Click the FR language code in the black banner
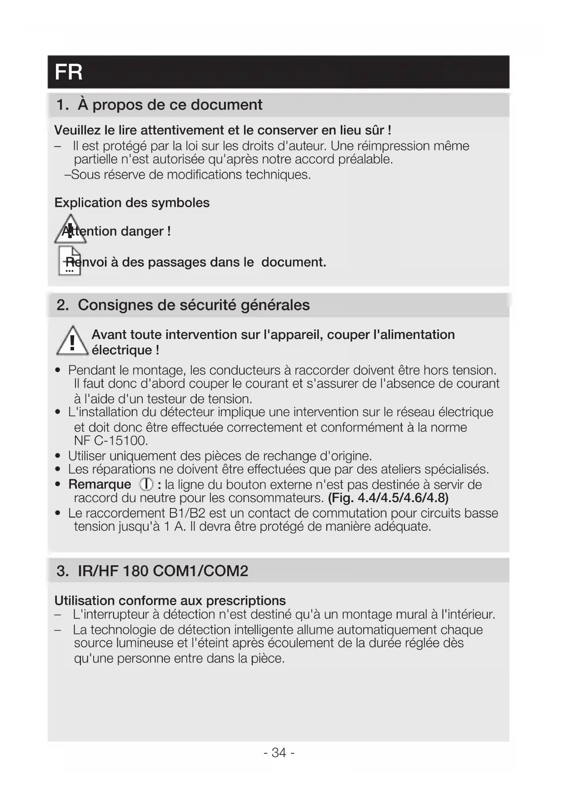pyautogui.click(x=69, y=72)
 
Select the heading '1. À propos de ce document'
pyautogui.click(x=159, y=105)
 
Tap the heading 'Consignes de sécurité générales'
pyautogui.click(x=194, y=305)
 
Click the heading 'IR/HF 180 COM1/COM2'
pyautogui.click(x=163, y=571)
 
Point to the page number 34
pyautogui.click(x=279, y=752)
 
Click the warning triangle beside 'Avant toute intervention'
pyautogui.click(x=72, y=342)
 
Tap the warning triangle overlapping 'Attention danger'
pyautogui.click(x=70, y=229)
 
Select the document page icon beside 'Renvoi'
pyautogui.click(x=70, y=261)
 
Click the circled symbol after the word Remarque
pyautogui.click(x=146, y=484)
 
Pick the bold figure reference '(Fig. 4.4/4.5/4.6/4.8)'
pyautogui.click(x=388, y=498)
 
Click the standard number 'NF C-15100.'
pyautogui.click(x=111, y=441)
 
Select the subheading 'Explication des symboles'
pyautogui.click(x=132, y=203)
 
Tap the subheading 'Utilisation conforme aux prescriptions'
pyautogui.click(x=170, y=601)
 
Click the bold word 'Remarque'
pyautogui.click(x=100, y=484)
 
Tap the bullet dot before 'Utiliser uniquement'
pyautogui.click(x=58, y=456)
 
